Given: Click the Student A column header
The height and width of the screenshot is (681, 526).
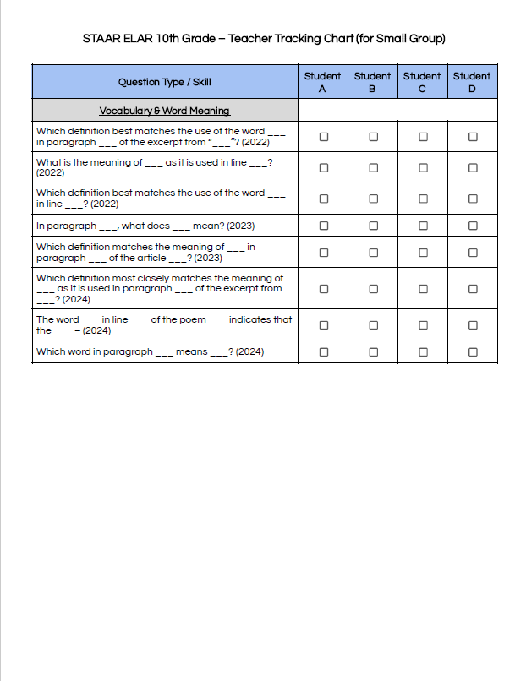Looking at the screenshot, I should coord(322,82).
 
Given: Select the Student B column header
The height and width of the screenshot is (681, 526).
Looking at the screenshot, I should coord(372,82).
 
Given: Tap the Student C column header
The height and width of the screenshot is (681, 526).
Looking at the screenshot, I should coord(422,82).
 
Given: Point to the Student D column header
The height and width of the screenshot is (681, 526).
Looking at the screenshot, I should coord(472,82).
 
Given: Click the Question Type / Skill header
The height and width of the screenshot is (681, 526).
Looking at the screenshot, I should coord(165,82).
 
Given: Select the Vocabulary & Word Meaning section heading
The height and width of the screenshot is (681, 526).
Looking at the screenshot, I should coord(165,111).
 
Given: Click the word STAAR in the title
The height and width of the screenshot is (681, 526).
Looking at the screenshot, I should coord(100,39).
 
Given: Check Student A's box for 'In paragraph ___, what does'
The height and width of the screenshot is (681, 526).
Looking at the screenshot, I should coord(323,226).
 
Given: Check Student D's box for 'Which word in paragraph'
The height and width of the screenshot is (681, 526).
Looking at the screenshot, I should coord(473,352).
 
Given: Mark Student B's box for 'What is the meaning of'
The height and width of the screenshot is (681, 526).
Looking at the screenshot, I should coord(373,167).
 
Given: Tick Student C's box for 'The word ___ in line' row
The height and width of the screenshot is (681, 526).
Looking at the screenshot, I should coord(423,325).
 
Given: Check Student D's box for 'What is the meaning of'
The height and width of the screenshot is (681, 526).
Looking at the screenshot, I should coord(473,167).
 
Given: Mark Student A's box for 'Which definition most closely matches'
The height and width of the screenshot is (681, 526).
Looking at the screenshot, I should coord(323,289).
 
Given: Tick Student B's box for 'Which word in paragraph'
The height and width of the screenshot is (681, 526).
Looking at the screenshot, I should coord(373,352).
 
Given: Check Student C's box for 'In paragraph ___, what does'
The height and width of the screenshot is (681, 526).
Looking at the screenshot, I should coord(423,226).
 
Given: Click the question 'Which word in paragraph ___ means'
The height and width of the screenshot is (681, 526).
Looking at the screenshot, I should coord(150,351).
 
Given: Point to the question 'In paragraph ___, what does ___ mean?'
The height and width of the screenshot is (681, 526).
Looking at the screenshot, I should coord(145,226).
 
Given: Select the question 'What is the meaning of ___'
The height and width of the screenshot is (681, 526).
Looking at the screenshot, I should coord(153,162).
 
